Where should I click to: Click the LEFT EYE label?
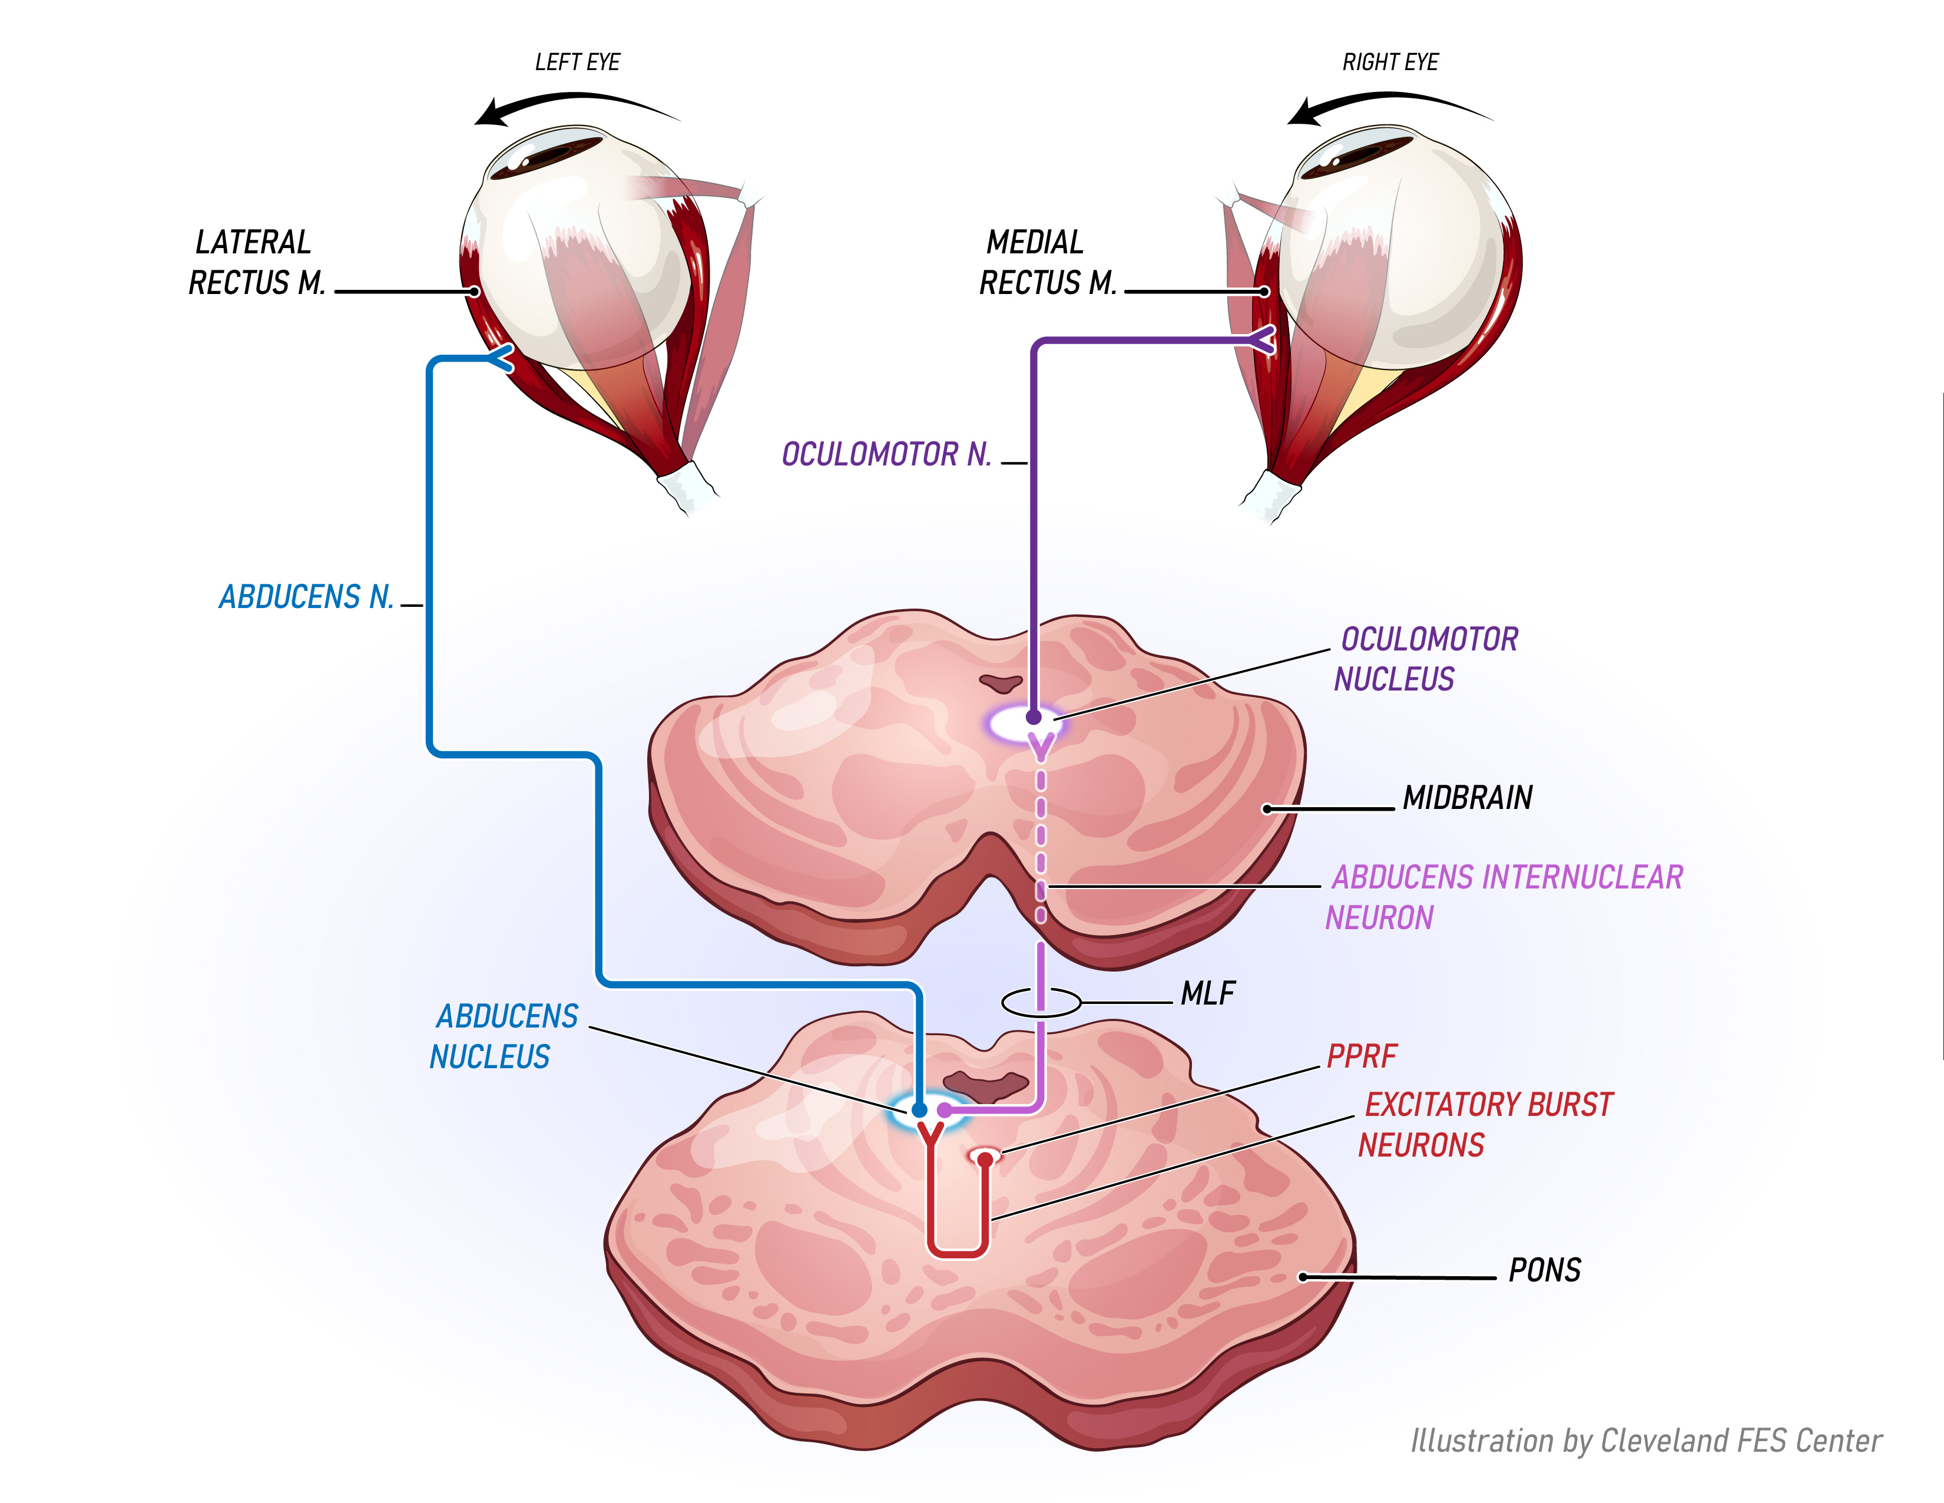(577, 62)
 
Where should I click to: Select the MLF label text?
(1208, 994)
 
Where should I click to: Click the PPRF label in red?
(1362, 1057)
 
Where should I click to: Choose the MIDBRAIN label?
(1468, 798)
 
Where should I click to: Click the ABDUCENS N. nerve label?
(306, 597)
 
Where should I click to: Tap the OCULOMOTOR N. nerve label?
(886, 454)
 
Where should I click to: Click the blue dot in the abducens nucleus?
(919, 1111)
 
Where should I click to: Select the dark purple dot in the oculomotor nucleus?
(1034, 717)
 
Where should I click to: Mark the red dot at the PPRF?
(985, 1160)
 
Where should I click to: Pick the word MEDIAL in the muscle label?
(1035, 242)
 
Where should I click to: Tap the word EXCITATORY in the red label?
(1442, 1105)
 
